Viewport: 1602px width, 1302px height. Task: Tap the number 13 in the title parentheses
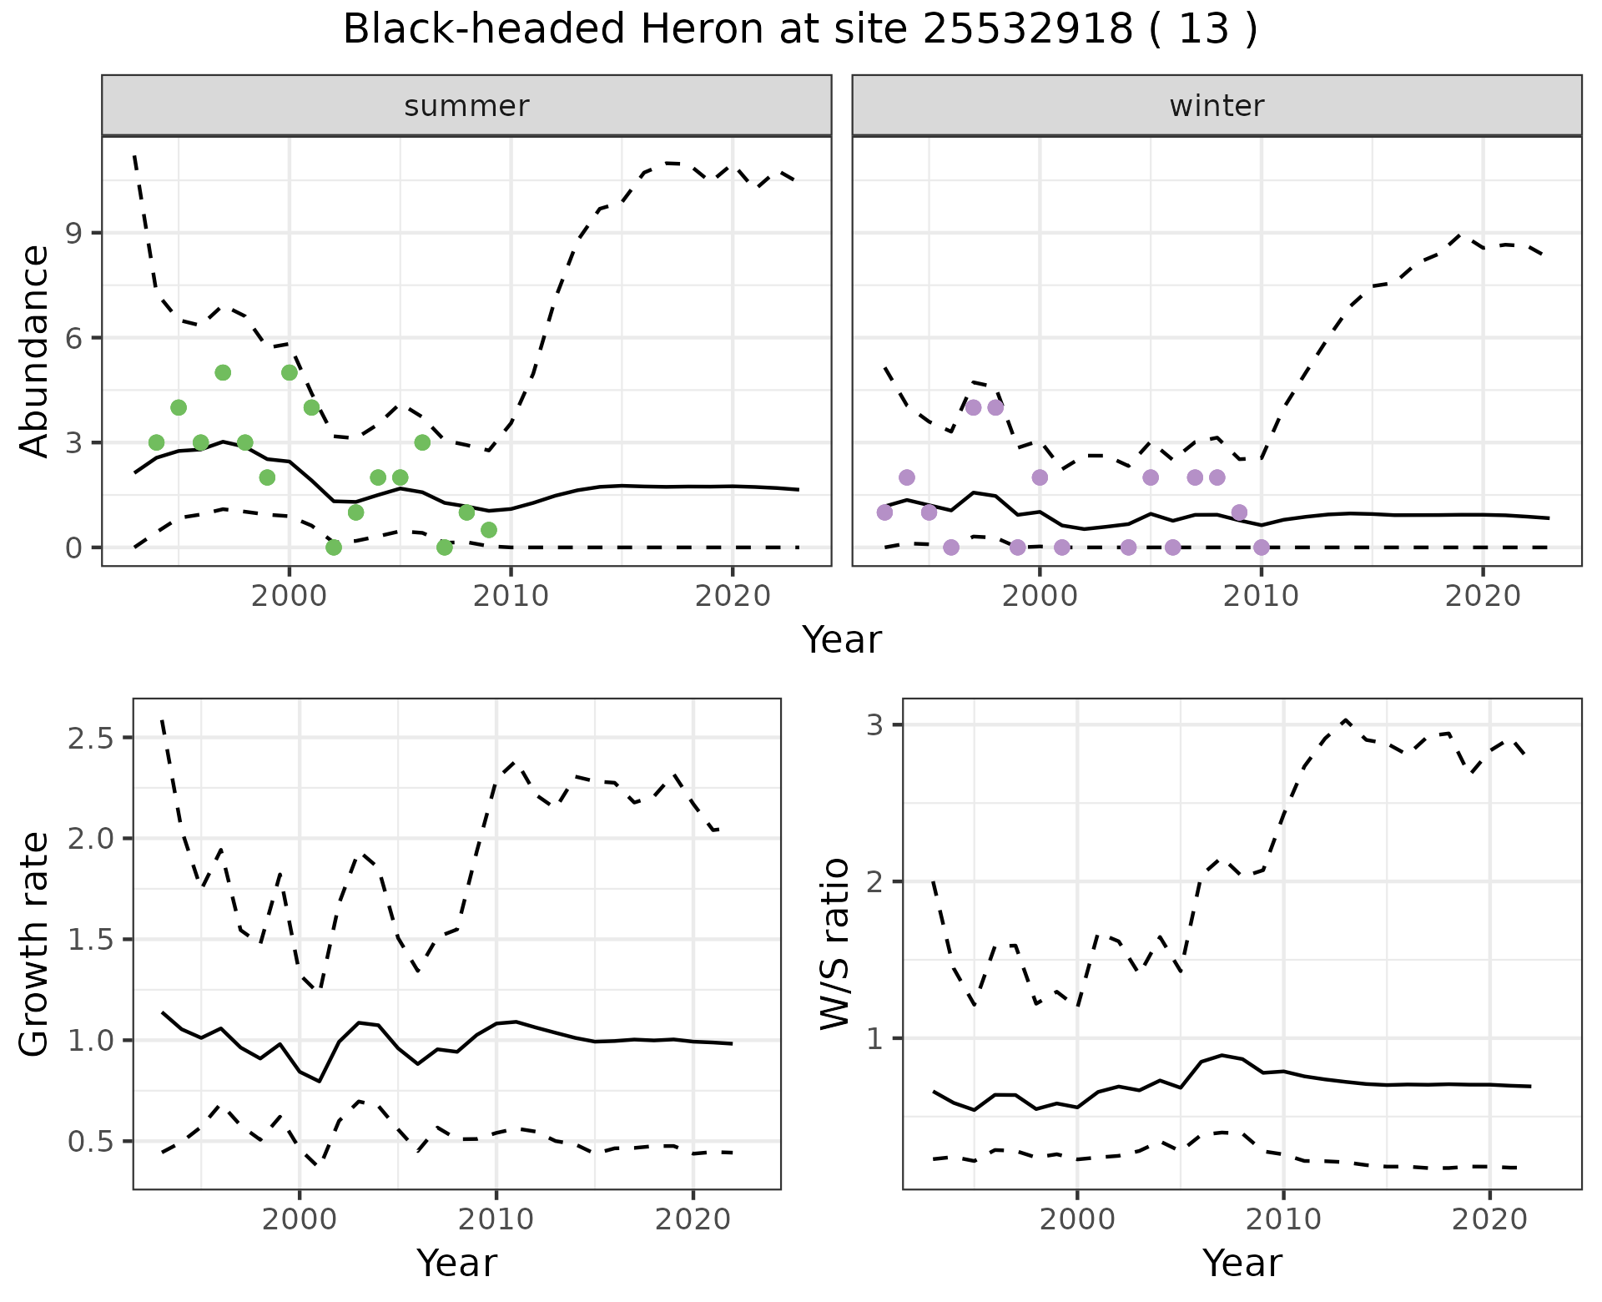click(x=1205, y=30)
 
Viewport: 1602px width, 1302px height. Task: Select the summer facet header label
click(x=466, y=106)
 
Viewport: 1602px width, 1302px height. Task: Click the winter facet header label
click(x=1217, y=106)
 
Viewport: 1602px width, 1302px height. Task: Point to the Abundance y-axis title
click(x=34, y=351)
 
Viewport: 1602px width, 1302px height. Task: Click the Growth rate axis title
click(x=34, y=944)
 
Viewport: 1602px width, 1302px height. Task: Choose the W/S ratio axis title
click(x=835, y=944)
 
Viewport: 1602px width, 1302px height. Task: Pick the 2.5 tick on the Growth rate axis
click(x=93, y=739)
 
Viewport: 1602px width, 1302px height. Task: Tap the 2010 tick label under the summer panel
click(x=511, y=597)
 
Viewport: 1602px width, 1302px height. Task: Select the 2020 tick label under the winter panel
click(x=1482, y=597)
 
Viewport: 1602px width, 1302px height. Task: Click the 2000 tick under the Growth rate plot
click(x=300, y=1219)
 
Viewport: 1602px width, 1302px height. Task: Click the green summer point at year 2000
click(x=290, y=372)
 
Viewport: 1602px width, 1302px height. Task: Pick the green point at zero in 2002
click(x=334, y=548)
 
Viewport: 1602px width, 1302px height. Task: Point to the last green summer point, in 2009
click(x=489, y=530)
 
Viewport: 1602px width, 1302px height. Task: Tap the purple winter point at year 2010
click(x=1262, y=548)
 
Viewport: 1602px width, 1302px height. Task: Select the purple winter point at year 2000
click(x=1040, y=477)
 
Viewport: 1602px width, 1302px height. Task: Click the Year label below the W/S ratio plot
click(x=1242, y=1263)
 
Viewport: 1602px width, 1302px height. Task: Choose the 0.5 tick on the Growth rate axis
click(x=93, y=1142)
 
